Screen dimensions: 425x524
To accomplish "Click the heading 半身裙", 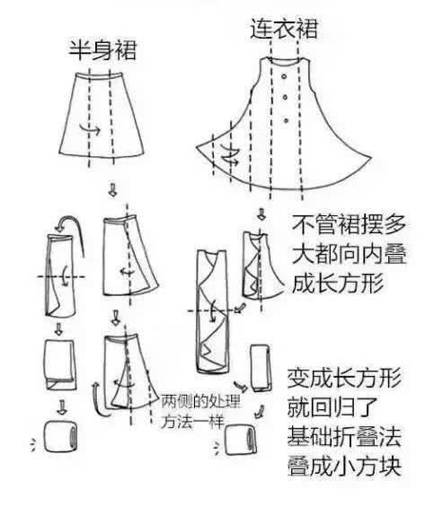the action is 102,50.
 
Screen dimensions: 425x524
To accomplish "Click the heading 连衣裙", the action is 284,28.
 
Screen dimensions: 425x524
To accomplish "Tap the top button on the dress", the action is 284,77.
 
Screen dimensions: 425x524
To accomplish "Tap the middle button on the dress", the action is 285,98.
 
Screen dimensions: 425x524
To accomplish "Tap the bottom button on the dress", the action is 286,120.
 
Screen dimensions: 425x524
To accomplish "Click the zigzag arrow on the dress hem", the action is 230,155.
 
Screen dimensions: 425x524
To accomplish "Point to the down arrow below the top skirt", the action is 113,190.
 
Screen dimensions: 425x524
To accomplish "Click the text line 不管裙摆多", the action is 349,224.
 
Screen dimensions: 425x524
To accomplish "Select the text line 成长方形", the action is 337,284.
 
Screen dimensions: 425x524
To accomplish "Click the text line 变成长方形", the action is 344,378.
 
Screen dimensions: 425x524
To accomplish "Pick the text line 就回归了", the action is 332,407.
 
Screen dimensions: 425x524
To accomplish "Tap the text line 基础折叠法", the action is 344,436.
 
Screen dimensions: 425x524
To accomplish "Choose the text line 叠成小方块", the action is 344,466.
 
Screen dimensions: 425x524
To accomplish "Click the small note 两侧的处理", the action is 200,401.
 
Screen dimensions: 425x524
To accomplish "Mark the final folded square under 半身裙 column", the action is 60,437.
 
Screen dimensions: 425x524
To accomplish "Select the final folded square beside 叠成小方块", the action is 240,440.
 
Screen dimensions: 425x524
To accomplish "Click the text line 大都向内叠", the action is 349,254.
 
